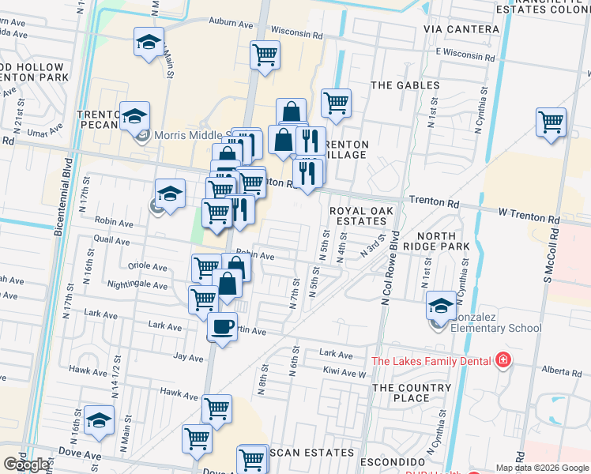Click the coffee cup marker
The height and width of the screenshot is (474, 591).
coord(222,326)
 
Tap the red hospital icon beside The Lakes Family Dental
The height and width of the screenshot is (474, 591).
coord(502,362)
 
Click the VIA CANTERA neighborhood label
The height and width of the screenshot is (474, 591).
coord(461,29)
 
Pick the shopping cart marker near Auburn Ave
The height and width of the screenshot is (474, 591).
coord(265,55)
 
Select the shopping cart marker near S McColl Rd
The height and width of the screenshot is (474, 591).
coord(551,122)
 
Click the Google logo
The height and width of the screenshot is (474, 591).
coord(26,465)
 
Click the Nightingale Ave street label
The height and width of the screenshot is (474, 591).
coord(137,285)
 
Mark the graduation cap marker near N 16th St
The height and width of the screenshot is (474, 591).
coord(99,421)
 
